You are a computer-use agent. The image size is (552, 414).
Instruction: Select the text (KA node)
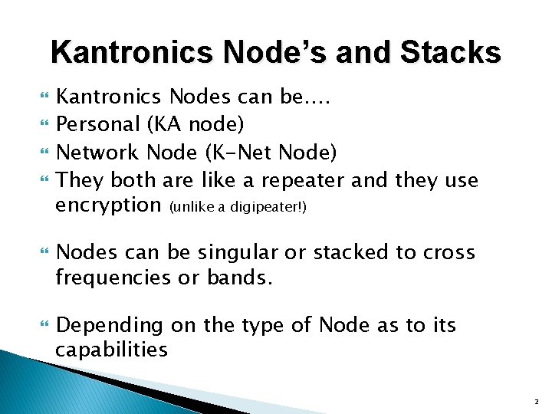193,125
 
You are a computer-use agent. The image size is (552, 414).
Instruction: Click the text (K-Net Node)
269,153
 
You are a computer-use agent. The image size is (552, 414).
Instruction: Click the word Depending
110,326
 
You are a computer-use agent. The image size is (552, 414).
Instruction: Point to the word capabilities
110,350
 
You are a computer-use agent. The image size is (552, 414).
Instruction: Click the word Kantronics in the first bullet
108,97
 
